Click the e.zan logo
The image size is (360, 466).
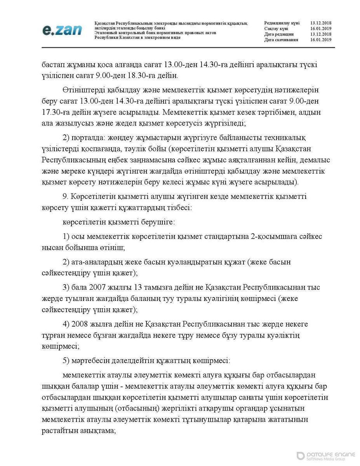(62, 30)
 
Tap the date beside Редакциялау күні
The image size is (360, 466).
(321, 23)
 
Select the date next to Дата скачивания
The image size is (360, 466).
(321, 40)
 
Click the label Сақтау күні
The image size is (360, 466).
(276, 29)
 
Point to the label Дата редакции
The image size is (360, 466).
(279, 34)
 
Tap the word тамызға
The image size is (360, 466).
(149, 288)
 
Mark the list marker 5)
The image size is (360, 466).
(66, 360)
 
